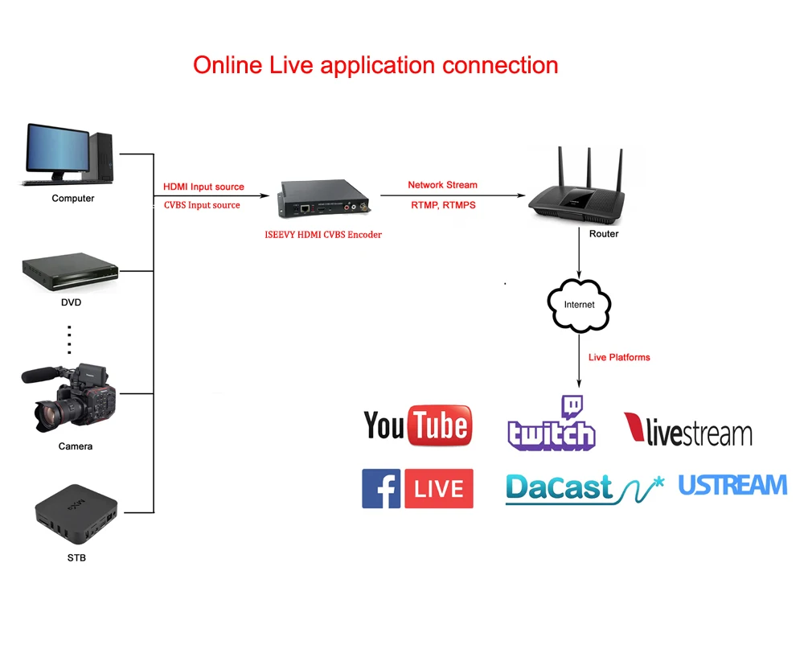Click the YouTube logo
pyautogui.click(x=417, y=425)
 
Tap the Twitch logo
pyautogui.click(x=552, y=424)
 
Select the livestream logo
pyautogui.click(x=688, y=429)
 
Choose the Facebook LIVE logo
pyautogui.click(x=417, y=488)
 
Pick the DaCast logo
pyautogui.click(x=584, y=488)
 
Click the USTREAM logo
pyautogui.click(x=732, y=485)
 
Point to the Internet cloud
pyautogui.click(x=579, y=304)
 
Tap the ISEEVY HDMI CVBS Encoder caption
pyautogui.click(x=323, y=235)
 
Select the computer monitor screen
pyautogui.click(x=58, y=150)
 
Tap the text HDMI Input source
pyautogui.click(x=203, y=187)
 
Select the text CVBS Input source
pyautogui.click(x=202, y=205)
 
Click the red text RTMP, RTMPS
pyautogui.click(x=443, y=205)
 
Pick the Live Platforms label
pyautogui.click(x=619, y=357)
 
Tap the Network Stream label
pyautogui.click(x=442, y=185)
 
